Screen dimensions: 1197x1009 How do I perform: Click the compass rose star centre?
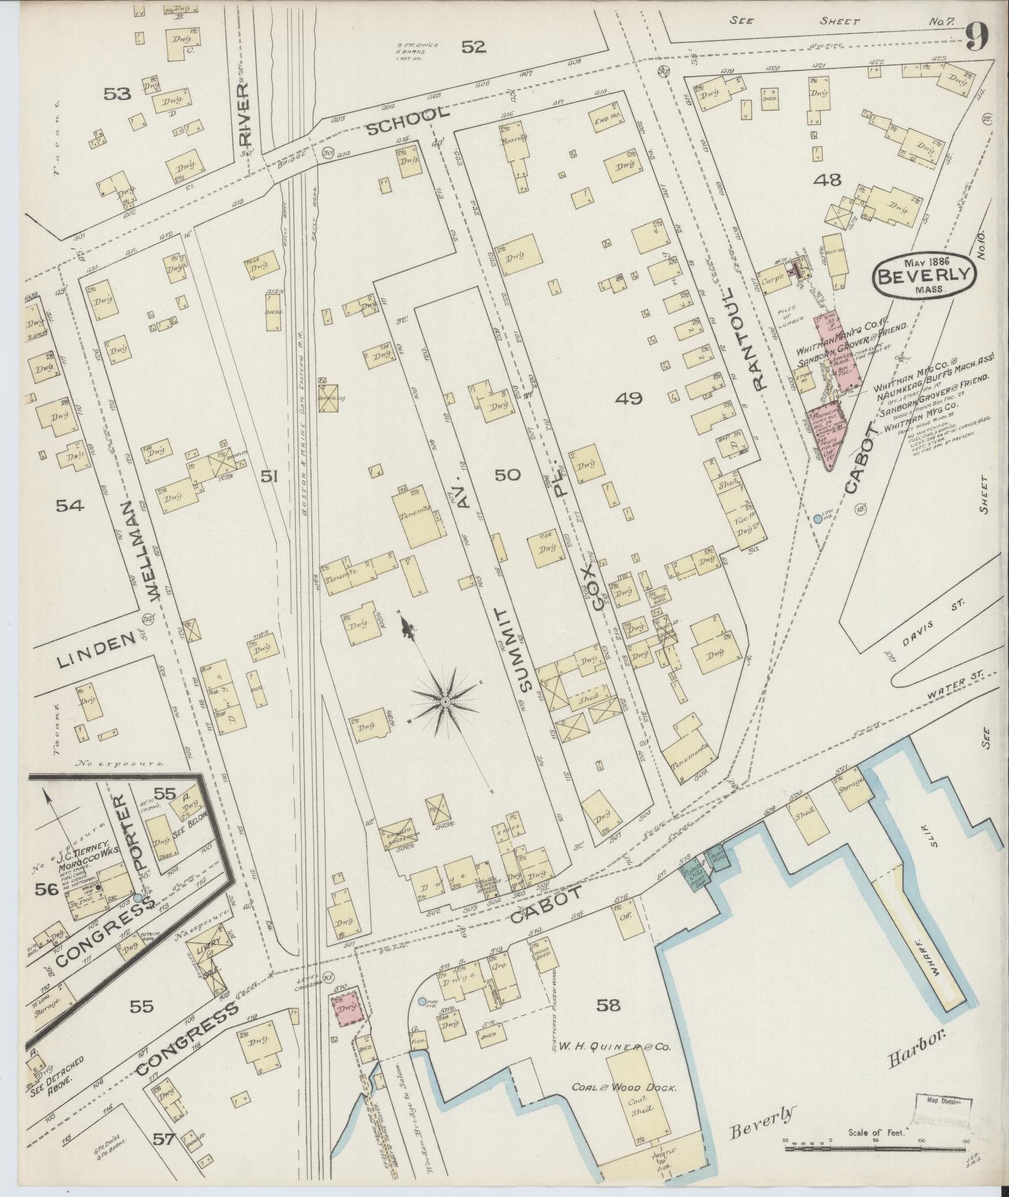click(x=445, y=703)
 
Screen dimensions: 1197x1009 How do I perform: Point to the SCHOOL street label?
click(x=407, y=120)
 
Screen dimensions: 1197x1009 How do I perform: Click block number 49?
click(x=628, y=398)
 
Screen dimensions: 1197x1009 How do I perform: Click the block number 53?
click(x=118, y=94)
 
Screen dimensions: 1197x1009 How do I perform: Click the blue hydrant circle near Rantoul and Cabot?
click(x=818, y=519)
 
